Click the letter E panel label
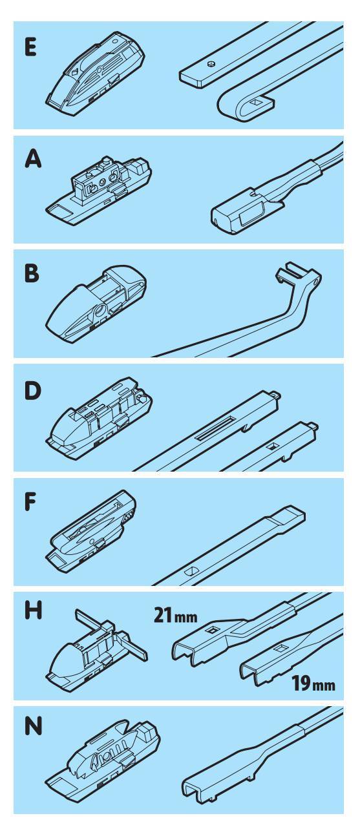point(31,47)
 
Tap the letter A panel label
point(33,160)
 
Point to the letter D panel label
point(32,392)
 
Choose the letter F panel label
point(30,501)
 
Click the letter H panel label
point(33,612)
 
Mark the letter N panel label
point(33,727)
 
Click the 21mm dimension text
point(175,615)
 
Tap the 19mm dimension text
point(313,683)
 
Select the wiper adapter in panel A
point(100,191)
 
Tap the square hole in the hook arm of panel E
point(256,101)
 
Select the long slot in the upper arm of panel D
point(217,428)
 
